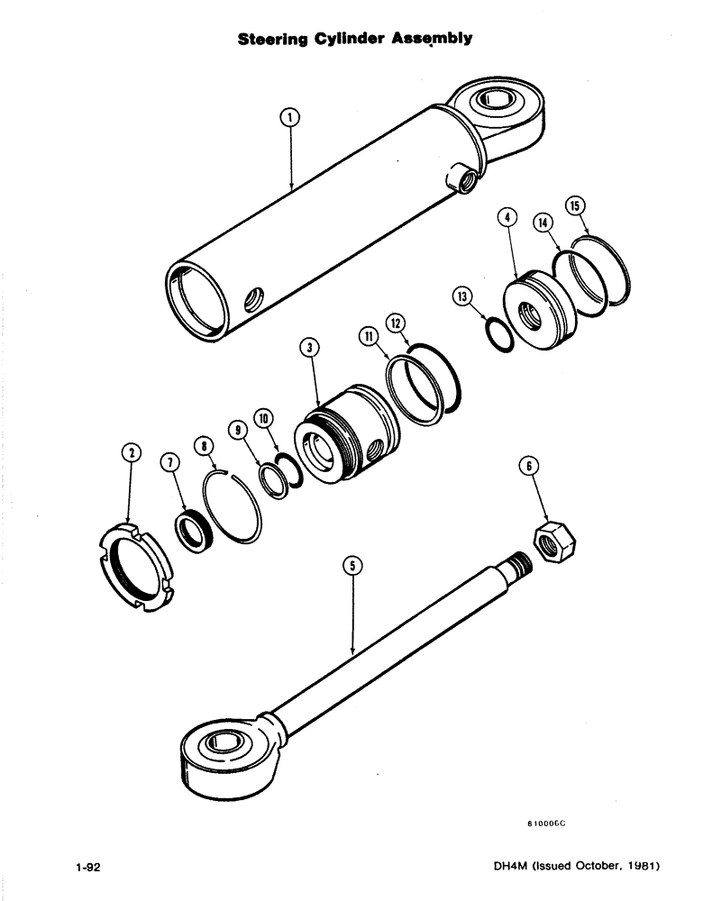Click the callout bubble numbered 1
[289, 115]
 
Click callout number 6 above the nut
[529, 466]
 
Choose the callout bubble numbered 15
[573, 205]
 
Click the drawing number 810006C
[552, 823]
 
